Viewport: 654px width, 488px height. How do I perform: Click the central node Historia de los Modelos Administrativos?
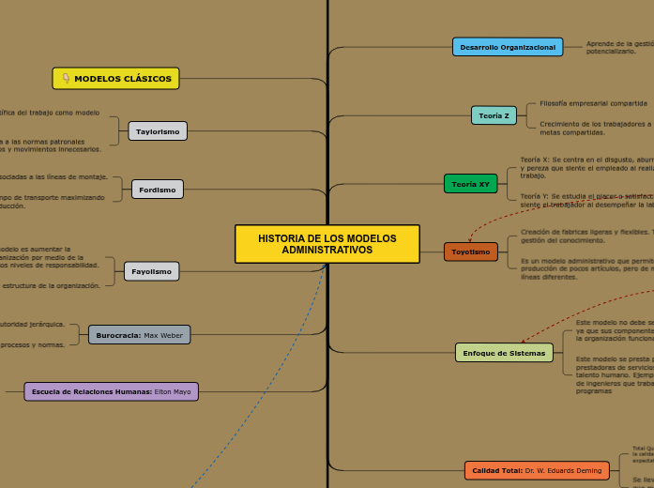327,244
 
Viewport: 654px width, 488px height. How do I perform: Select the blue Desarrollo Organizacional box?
508,47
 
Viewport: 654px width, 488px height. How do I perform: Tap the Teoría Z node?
494,115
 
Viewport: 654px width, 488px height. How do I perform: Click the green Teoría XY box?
470,184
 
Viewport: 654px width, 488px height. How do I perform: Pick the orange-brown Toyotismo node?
470,252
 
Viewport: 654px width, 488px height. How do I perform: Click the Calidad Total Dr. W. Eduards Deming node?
537,470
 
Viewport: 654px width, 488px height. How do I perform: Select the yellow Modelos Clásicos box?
116,79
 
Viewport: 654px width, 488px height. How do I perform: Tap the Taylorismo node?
158,131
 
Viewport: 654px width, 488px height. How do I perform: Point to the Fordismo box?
158,190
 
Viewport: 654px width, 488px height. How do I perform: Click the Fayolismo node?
151,271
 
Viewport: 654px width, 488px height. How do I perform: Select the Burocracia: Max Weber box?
139,309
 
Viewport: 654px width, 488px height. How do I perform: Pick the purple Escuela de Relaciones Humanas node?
111,391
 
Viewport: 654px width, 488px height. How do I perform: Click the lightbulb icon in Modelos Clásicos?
66,79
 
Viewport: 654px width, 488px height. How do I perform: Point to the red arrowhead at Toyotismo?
470,240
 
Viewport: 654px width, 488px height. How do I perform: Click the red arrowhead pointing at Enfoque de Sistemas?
523,342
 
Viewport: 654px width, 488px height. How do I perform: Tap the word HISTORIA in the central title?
280,238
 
